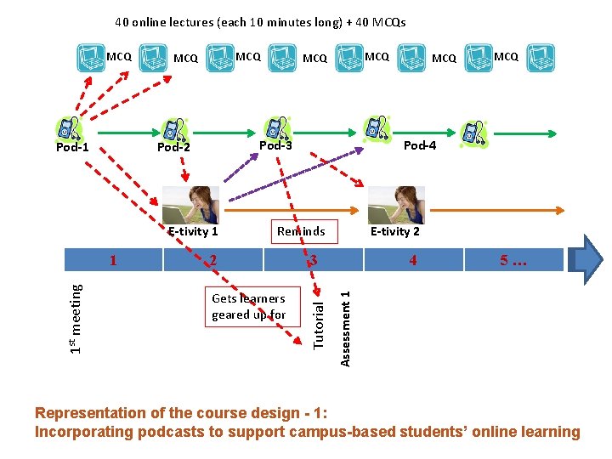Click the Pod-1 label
click(x=72, y=148)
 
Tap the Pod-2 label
click(x=173, y=148)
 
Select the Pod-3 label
click(x=275, y=145)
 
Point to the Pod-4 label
click(x=420, y=145)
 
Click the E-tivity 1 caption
click(x=193, y=231)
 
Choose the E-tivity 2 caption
click(x=395, y=231)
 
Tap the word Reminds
click(x=301, y=231)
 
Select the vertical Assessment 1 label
click(x=345, y=328)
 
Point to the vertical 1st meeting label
click(x=76, y=318)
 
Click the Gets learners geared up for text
click(x=248, y=307)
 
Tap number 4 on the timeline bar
click(x=413, y=260)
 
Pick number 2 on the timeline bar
click(x=213, y=260)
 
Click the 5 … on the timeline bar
click(x=513, y=260)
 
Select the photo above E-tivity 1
click(x=190, y=205)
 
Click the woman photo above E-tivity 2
click(x=396, y=205)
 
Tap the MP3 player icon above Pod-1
click(x=67, y=128)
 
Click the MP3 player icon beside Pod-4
click(x=473, y=133)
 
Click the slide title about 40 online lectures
click(x=261, y=22)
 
